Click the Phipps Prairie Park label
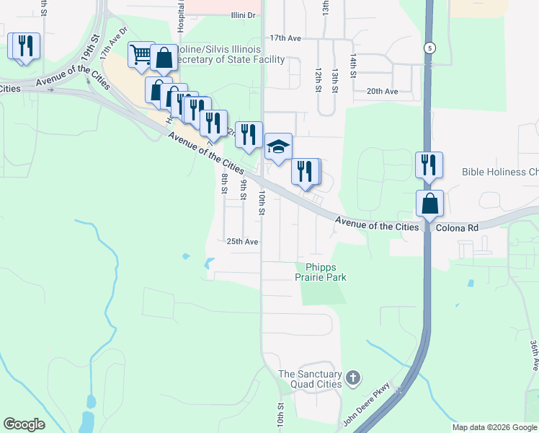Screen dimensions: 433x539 coord(321,272)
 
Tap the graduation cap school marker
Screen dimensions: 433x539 coord(278,147)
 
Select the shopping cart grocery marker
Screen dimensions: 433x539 coord(141,55)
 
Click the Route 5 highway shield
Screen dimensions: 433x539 coord(430,48)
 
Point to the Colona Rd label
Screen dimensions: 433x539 coord(458,227)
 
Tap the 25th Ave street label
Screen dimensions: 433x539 coord(242,242)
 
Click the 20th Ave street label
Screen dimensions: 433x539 coord(382,92)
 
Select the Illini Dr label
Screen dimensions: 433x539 coord(244,15)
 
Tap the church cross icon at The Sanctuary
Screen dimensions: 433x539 coord(352,377)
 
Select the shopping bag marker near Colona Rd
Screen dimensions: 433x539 coord(429,204)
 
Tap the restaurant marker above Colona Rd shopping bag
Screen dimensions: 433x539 coord(428,165)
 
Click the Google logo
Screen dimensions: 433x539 coord(24,424)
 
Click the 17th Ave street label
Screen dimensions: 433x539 coord(285,37)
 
